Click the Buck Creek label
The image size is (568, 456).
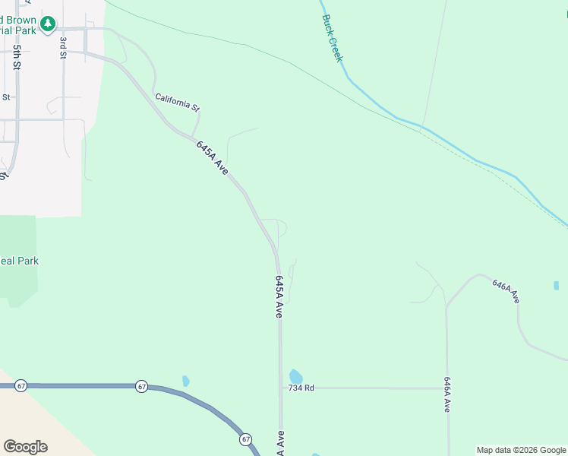pyautogui.click(x=333, y=38)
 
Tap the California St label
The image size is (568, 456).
pyautogui.click(x=177, y=102)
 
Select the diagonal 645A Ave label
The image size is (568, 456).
pyautogui.click(x=212, y=157)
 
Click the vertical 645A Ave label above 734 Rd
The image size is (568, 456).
pyautogui.click(x=279, y=296)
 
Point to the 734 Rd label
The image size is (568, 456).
pyautogui.click(x=301, y=388)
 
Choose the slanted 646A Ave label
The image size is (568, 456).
pyautogui.click(x=506, y=291)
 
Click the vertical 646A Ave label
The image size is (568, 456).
pyautogui.click(x=447, y=394)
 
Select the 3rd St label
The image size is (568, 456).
pyautogui.click(x=64, y=46)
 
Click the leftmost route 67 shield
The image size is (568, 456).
pyautogui.click(x=21, y=386)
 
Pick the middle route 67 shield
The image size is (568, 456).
pyautogui.click(x=142, y=386)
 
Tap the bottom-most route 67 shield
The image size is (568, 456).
pyautogui.click(x=245, y=439)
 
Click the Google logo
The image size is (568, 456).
pyautogui.click(x=25, y=447)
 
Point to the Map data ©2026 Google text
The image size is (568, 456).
pyautogui.click(x=521, y=450)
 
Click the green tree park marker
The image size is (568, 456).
pyautogui.click(x=48, y=24)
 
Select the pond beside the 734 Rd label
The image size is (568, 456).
pyautogui.click(x=295, y=376)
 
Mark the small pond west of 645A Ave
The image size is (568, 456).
pyautogui.click(x=185, y=381)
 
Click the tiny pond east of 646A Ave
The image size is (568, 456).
pyautogui.click(x=557, y=286)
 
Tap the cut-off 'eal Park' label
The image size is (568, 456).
pyautogui.click(x=19, y=261)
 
